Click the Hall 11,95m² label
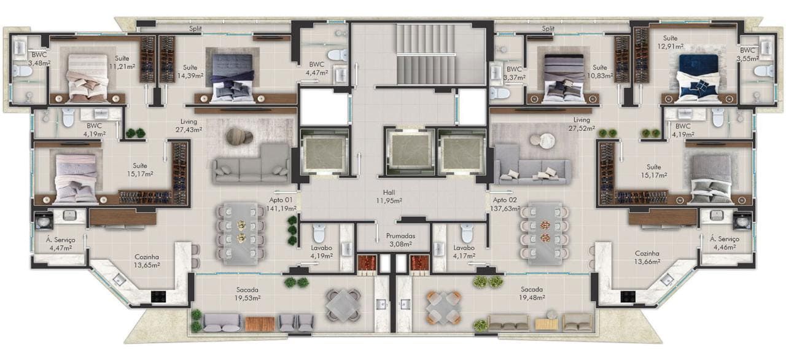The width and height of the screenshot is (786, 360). coord(389,197)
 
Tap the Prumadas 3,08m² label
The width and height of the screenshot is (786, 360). coord(400,240)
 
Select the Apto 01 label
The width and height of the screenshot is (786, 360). coord(281,200)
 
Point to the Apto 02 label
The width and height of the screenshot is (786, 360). coord(505,200)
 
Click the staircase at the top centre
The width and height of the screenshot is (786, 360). coord(426,54)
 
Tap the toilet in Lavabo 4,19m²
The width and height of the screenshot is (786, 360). coord(319,233)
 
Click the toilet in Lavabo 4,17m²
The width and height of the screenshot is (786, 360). coord(467,233)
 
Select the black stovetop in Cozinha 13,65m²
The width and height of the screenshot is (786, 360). coord(158,297)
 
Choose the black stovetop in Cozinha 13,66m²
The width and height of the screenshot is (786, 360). coord(628,297)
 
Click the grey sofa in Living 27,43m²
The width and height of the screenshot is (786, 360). coord(251,164)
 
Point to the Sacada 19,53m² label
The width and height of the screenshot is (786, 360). coord(247,294)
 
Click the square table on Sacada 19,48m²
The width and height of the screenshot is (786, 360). coord(443,308)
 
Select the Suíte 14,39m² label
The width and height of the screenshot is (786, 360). coord(190,71)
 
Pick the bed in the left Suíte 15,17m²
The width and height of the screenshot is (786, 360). coord(76,179)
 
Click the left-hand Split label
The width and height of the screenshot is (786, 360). coord(195,28)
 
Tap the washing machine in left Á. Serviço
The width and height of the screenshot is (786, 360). coord(44,221)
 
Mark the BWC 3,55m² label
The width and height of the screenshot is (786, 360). coord(747,55)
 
